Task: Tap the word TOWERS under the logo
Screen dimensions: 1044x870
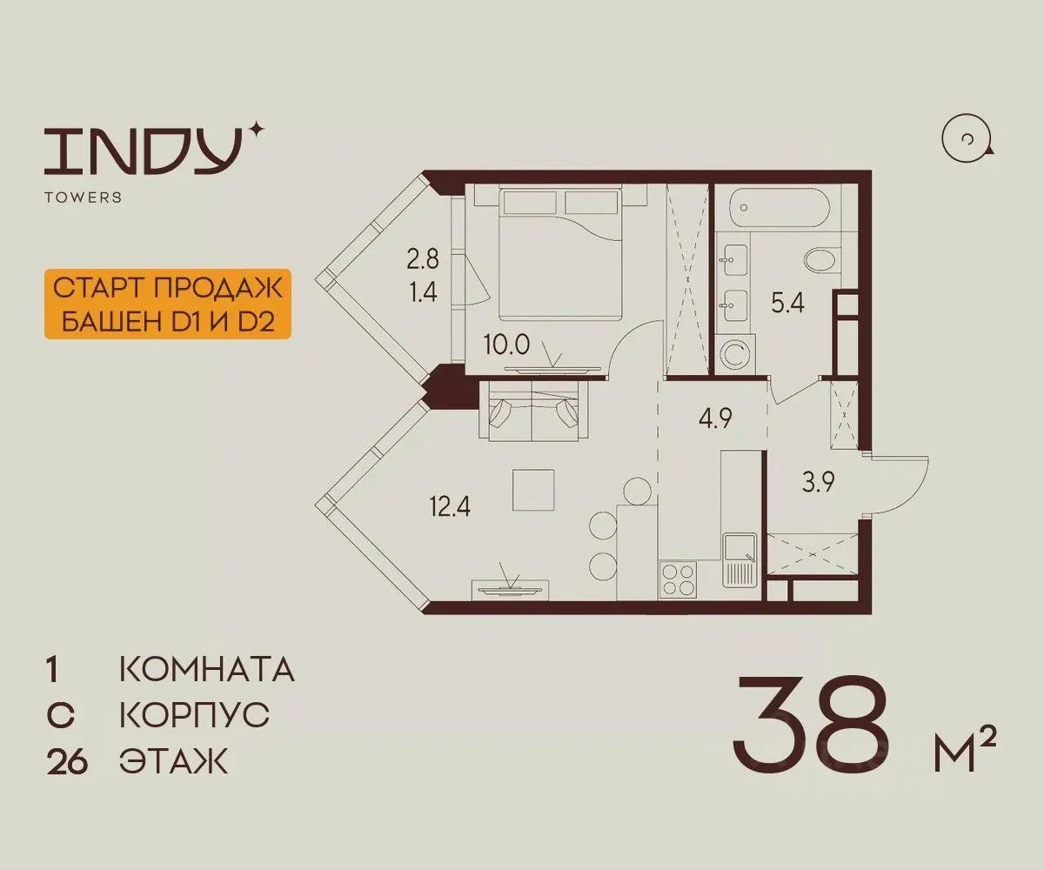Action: coord(83,197)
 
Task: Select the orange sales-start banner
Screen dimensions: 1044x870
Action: coord(168,304)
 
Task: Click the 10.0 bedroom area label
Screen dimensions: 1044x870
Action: coord(506,345)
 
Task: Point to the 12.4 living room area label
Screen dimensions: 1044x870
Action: coord(450,507)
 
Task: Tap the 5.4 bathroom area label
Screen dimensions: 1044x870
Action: coord(787,303)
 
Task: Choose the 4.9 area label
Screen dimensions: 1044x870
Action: coord(715,418)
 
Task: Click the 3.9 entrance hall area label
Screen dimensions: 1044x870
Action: coord(819,484)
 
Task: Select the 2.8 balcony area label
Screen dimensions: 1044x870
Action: coord(423,259)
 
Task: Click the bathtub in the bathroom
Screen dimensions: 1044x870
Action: coord(779,209)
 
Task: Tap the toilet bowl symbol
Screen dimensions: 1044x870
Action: coord(820,260)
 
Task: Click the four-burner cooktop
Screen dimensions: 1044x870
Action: coord(678,579)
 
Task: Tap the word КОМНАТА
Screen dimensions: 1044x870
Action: coord(207,670)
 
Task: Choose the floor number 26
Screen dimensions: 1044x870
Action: coord(67,763)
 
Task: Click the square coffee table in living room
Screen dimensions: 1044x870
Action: coord(533,490)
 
